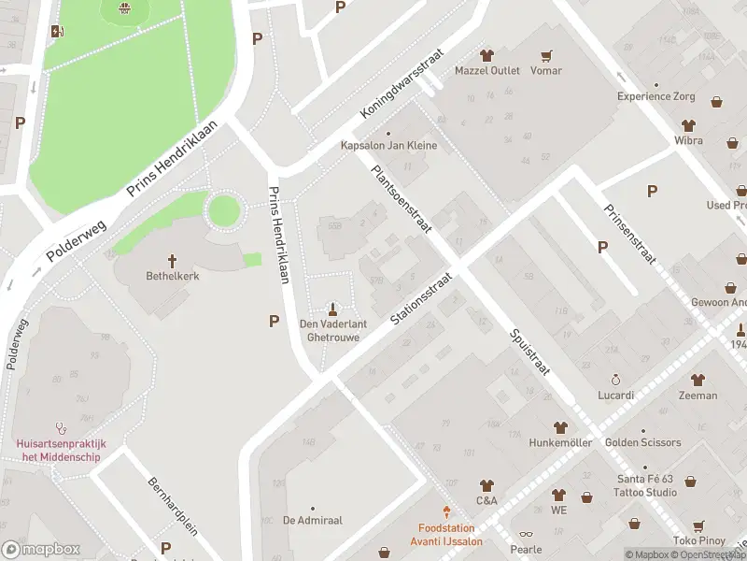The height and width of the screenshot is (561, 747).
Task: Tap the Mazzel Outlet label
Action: coord(486,70)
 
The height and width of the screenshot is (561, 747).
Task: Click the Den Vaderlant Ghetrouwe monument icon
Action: coord(332,309)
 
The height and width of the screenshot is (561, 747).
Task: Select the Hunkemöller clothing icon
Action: coord(560,426)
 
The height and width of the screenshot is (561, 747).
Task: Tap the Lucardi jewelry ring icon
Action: coord(615,380)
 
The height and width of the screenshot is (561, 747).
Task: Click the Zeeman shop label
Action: coord(698,396)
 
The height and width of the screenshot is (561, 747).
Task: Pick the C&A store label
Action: coord(486,501)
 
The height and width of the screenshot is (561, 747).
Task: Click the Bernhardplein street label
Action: coord(173,506)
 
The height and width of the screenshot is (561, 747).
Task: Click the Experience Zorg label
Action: coord(656,96)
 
